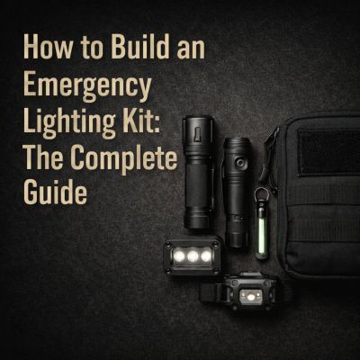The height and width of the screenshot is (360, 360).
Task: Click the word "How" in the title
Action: point(43,46)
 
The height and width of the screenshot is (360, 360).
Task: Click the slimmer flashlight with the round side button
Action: point(238,189)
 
